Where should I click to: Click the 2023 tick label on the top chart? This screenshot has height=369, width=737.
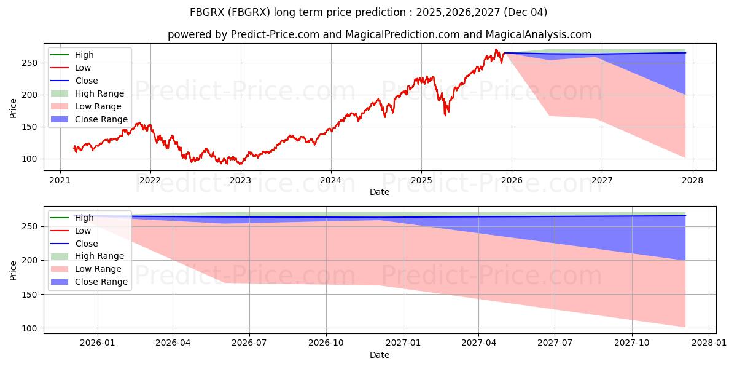point(240,180)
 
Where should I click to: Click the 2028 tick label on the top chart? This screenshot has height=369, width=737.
point(692,180)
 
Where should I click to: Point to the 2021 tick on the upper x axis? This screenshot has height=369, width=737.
point(60,180)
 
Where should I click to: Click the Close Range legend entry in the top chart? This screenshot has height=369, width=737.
point(101,119)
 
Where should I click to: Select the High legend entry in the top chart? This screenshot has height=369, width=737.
point(84,55)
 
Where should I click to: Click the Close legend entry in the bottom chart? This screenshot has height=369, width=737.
point(86,244)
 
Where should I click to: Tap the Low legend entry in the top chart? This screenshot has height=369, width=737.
point(83,68)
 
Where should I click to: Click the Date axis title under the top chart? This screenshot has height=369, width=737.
point(379,192)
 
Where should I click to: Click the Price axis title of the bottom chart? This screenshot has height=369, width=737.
point(14,269)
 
